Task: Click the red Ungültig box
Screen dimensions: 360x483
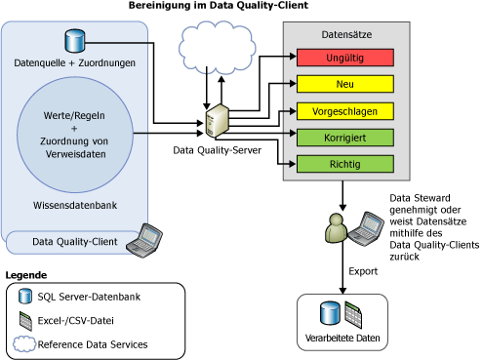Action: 342,59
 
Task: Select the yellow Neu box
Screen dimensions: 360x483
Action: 342,85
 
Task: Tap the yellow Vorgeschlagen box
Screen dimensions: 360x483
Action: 342,111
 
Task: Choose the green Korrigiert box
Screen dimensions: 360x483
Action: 342,138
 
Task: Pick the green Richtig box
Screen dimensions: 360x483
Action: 342,164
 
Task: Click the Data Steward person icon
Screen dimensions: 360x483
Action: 335,231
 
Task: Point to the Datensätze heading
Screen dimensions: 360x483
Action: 342,35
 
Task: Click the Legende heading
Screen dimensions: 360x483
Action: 26,275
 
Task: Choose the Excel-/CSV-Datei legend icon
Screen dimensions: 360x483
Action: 25,320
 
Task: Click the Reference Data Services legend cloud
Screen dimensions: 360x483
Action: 23,344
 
